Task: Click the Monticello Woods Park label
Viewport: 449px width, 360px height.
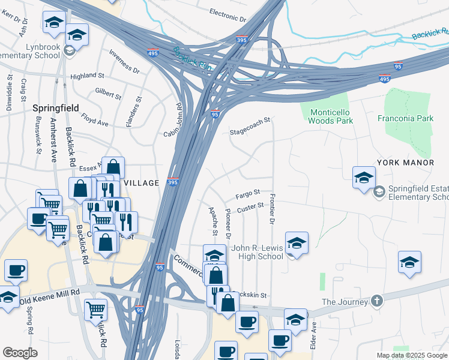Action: coord(331,116)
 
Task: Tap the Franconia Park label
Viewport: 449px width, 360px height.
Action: coord(406,118)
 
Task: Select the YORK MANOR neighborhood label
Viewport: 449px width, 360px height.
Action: coord(405,163)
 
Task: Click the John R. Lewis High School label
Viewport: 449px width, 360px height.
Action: coord(257,252)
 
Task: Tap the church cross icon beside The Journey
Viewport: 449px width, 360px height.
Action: coord(376,301)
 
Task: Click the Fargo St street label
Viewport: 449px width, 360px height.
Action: coord(247,194)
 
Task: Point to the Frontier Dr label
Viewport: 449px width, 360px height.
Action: coord(272,209)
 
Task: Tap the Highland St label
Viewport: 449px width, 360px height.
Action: coord(87,76)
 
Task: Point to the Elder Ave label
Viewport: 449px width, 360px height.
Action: coord(313,336)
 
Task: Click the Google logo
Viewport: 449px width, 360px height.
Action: coord(20,352)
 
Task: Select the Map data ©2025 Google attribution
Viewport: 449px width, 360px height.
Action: coord(412,355)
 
